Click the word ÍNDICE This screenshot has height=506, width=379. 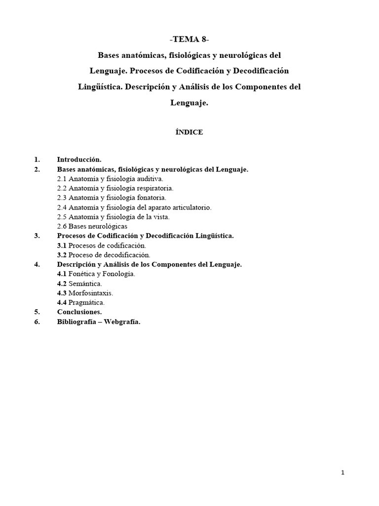(189, 132)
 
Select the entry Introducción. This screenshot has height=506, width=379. (79, 160)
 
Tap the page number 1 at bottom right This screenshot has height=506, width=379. (342, 473)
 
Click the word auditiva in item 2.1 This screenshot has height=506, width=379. (149, 179)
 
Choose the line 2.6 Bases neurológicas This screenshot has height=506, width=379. (92, 226)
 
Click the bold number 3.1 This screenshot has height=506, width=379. (62, 246)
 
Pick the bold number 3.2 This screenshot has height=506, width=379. (62, 255)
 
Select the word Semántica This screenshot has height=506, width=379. (85, 284)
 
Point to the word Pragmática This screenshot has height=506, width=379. (87, 302)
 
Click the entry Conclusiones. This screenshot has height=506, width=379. (79, 312)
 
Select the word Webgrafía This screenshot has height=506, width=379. (122, 322)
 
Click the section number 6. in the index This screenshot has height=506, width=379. (37, 322)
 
